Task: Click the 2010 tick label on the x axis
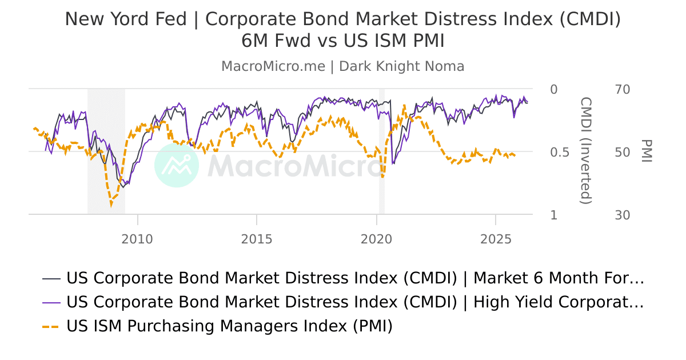coord(137,239)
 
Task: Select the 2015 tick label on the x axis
coord(257,239)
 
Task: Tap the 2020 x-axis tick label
coord(376,239)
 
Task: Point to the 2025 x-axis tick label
coord(496,239)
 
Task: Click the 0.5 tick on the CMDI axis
coord(553,153)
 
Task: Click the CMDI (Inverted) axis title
coord(586,150)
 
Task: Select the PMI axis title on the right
coord(647,151)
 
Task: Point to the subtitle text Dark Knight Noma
coord(401,66)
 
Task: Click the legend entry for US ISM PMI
coord(230,326)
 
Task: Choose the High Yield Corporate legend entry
coord(355,302)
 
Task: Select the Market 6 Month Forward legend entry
coord(355,278)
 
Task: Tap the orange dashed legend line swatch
coord(51,327)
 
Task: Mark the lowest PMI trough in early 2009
coord(111,204)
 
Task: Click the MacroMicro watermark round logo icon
coord(177,165)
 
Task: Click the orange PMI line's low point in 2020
coord(382,177)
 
